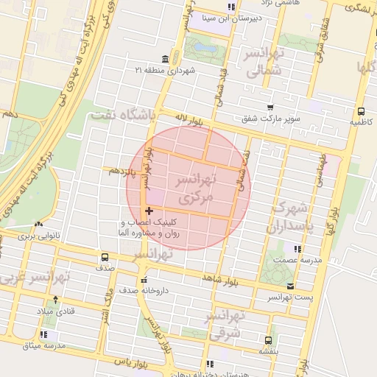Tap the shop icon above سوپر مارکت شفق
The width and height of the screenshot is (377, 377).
[x=270, y=108]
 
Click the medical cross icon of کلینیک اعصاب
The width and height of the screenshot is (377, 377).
[x=149, y=211]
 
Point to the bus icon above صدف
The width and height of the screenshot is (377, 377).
[x=105, y=258]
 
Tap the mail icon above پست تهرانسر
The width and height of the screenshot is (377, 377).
[x=291, y=286]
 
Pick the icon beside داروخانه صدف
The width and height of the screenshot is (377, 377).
[x=144, y=281]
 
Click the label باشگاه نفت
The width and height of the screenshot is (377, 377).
[x=121, y=116]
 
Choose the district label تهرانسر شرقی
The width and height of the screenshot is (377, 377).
[x=225, y=324]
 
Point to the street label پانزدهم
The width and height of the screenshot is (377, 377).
[x=123, y=171]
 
